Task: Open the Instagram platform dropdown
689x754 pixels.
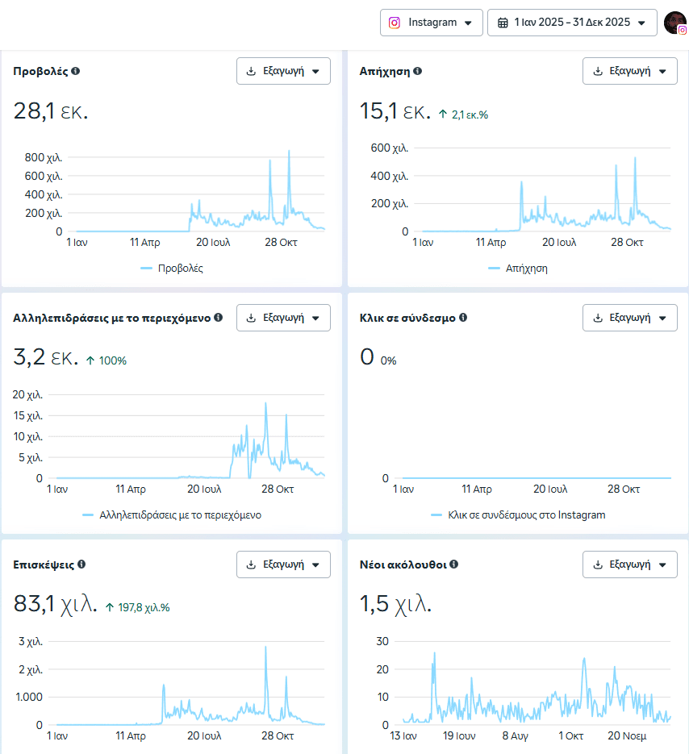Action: tap(432, 23)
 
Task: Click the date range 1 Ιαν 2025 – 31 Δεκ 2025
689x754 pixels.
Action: tap(572, 23)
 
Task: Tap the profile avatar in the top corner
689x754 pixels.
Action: tap(674, 23)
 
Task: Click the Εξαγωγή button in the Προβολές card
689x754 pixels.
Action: tap(283, 71)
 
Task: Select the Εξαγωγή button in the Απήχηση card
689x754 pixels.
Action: tap(629, 71)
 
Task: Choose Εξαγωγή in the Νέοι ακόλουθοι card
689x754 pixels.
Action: tap(629, 564)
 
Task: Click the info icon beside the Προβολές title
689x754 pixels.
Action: tap(76, 71)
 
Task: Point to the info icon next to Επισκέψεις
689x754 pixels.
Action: tap(81, 564)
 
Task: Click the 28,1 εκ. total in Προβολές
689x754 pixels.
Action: tap(51, 112)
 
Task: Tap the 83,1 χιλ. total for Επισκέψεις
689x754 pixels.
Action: tap(56, 603)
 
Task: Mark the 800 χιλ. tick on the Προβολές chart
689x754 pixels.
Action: tap(44, 157)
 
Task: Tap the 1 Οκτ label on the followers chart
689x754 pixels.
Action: tap(570, 735)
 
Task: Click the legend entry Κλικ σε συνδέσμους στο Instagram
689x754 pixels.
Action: tap(526, 514)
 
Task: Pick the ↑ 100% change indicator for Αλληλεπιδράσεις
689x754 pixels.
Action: tap(106, 360)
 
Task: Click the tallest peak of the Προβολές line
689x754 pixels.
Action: tap(289, 152)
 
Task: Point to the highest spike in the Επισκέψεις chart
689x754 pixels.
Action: tap(266, 648)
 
